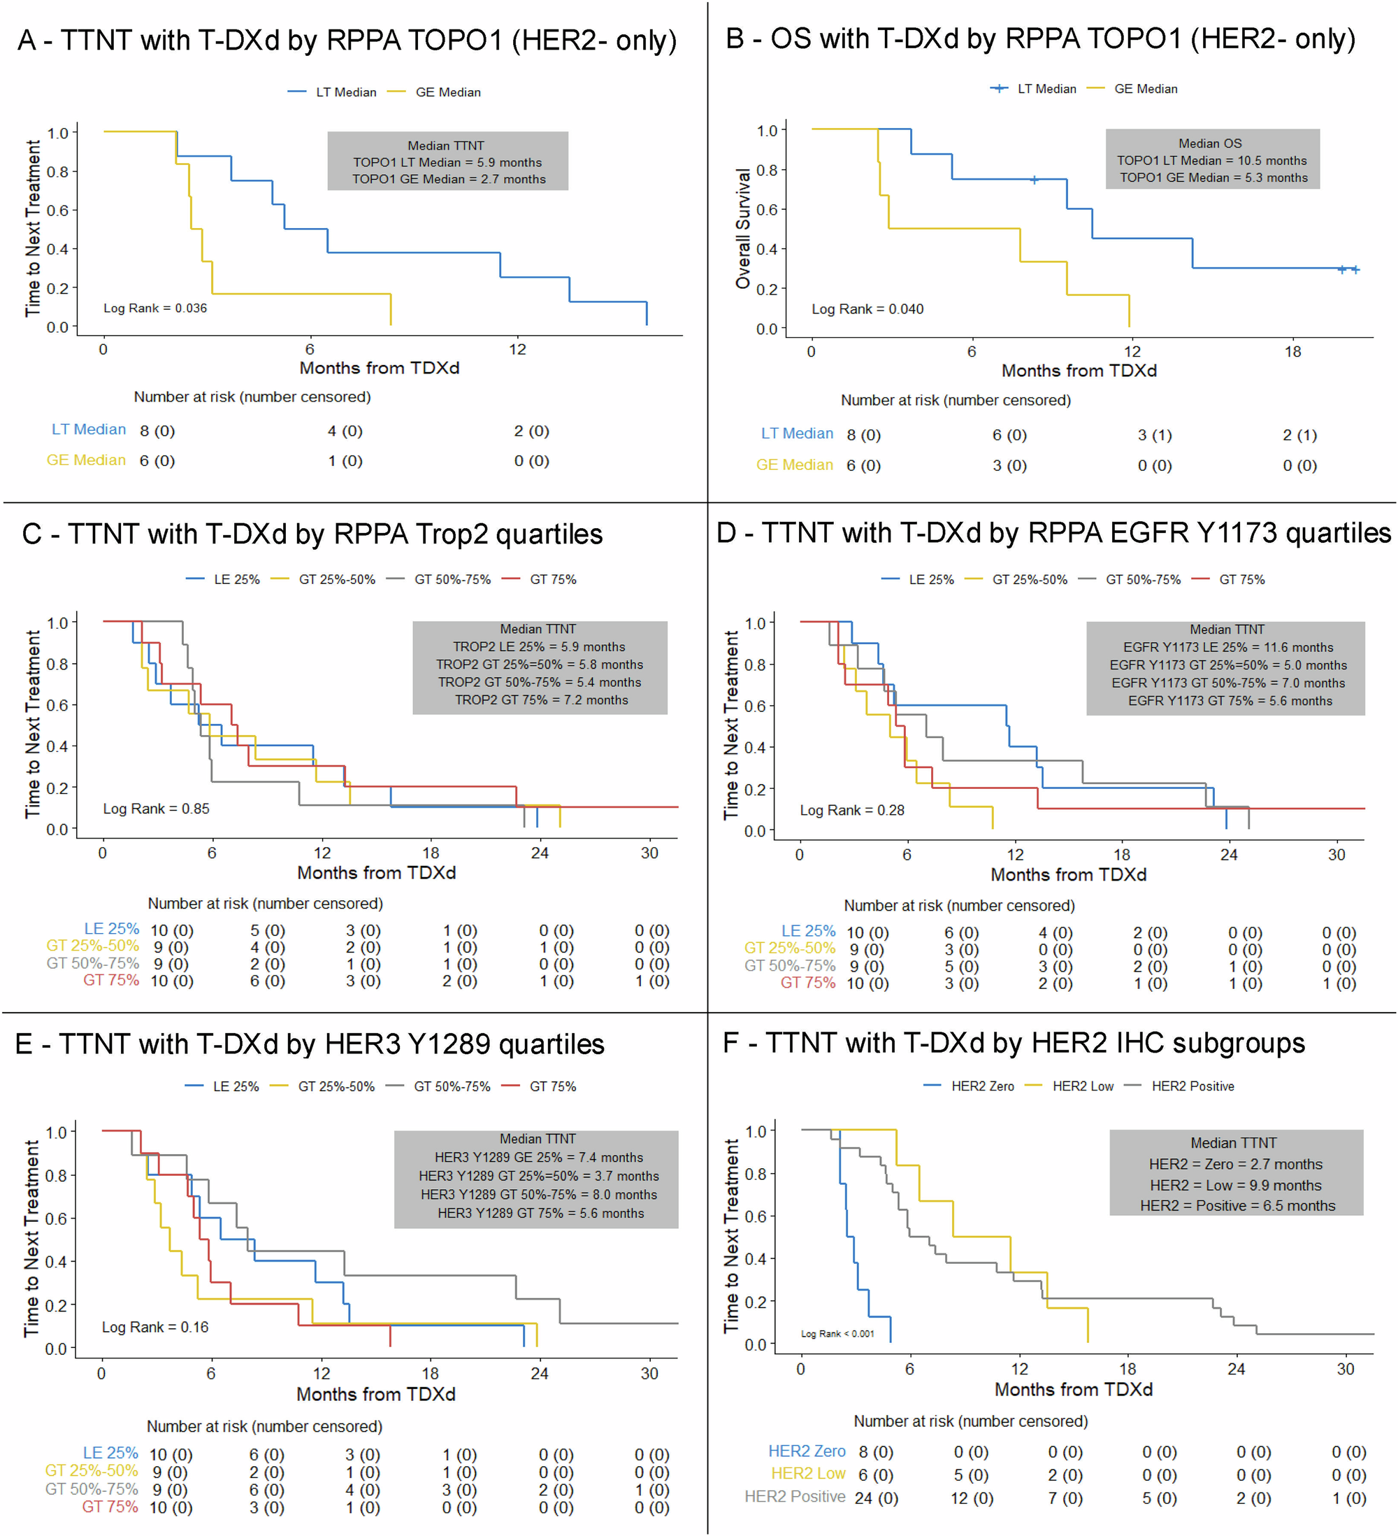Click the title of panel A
click(x=347, y=41)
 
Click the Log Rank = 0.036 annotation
click(x=154, y=308)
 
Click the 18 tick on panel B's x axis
click(x=1292, y=351)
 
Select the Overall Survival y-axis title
click(x=743, y=229)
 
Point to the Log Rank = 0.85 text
click(x=156, y=809)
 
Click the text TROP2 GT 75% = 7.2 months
click(x=542, y=699)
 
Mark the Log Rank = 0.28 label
click(x=851, y=810)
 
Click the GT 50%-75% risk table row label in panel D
click(x=790, y=966)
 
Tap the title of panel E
click(x=310, y=1044)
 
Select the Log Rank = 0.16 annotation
click(x=154, y=1326)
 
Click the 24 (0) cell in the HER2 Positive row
click(x=876, y=1498)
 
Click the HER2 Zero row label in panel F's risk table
click(x=807, y=1451)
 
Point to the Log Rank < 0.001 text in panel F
click(x=837, y=1333)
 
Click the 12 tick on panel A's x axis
click(x=517, y=349)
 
